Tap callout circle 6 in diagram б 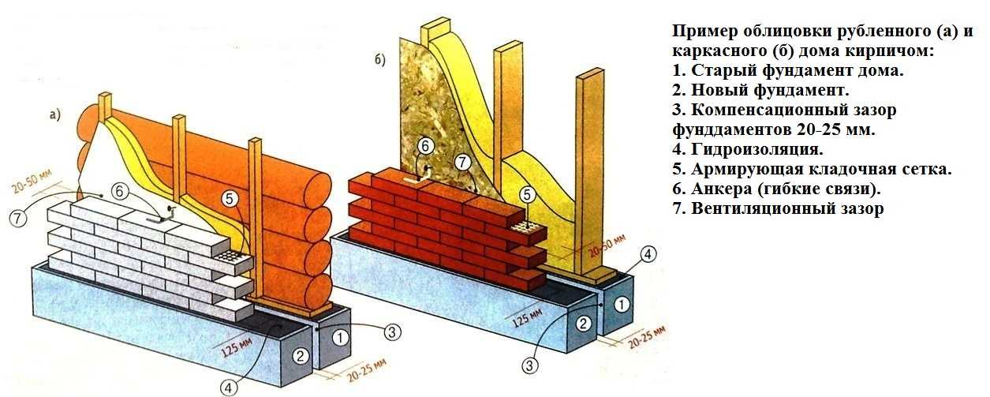pyautogui.click(x=424, y=145)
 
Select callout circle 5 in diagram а pyautogui.click(x=229, y=200)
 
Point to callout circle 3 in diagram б pyautogui.click(x=530, y=365)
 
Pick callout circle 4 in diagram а pyautogui.click(x=228, y=387)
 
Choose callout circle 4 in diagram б pyautogui.click(x=647, y=254)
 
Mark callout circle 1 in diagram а pyautogui.click(x=340, y=337)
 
